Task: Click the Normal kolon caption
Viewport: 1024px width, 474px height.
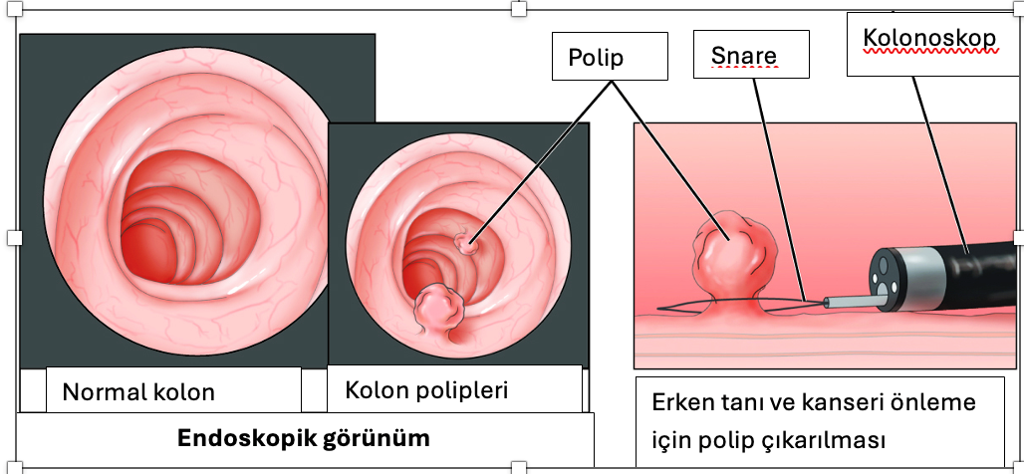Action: tap(138, 391)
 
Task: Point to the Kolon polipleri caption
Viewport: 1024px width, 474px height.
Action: tap(426, 389)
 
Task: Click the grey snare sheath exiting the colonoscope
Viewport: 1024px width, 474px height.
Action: tap(848, 299)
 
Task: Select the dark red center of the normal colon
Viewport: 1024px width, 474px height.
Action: tap(147, 249)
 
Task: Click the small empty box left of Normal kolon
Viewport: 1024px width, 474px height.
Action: tap(33, 388)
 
